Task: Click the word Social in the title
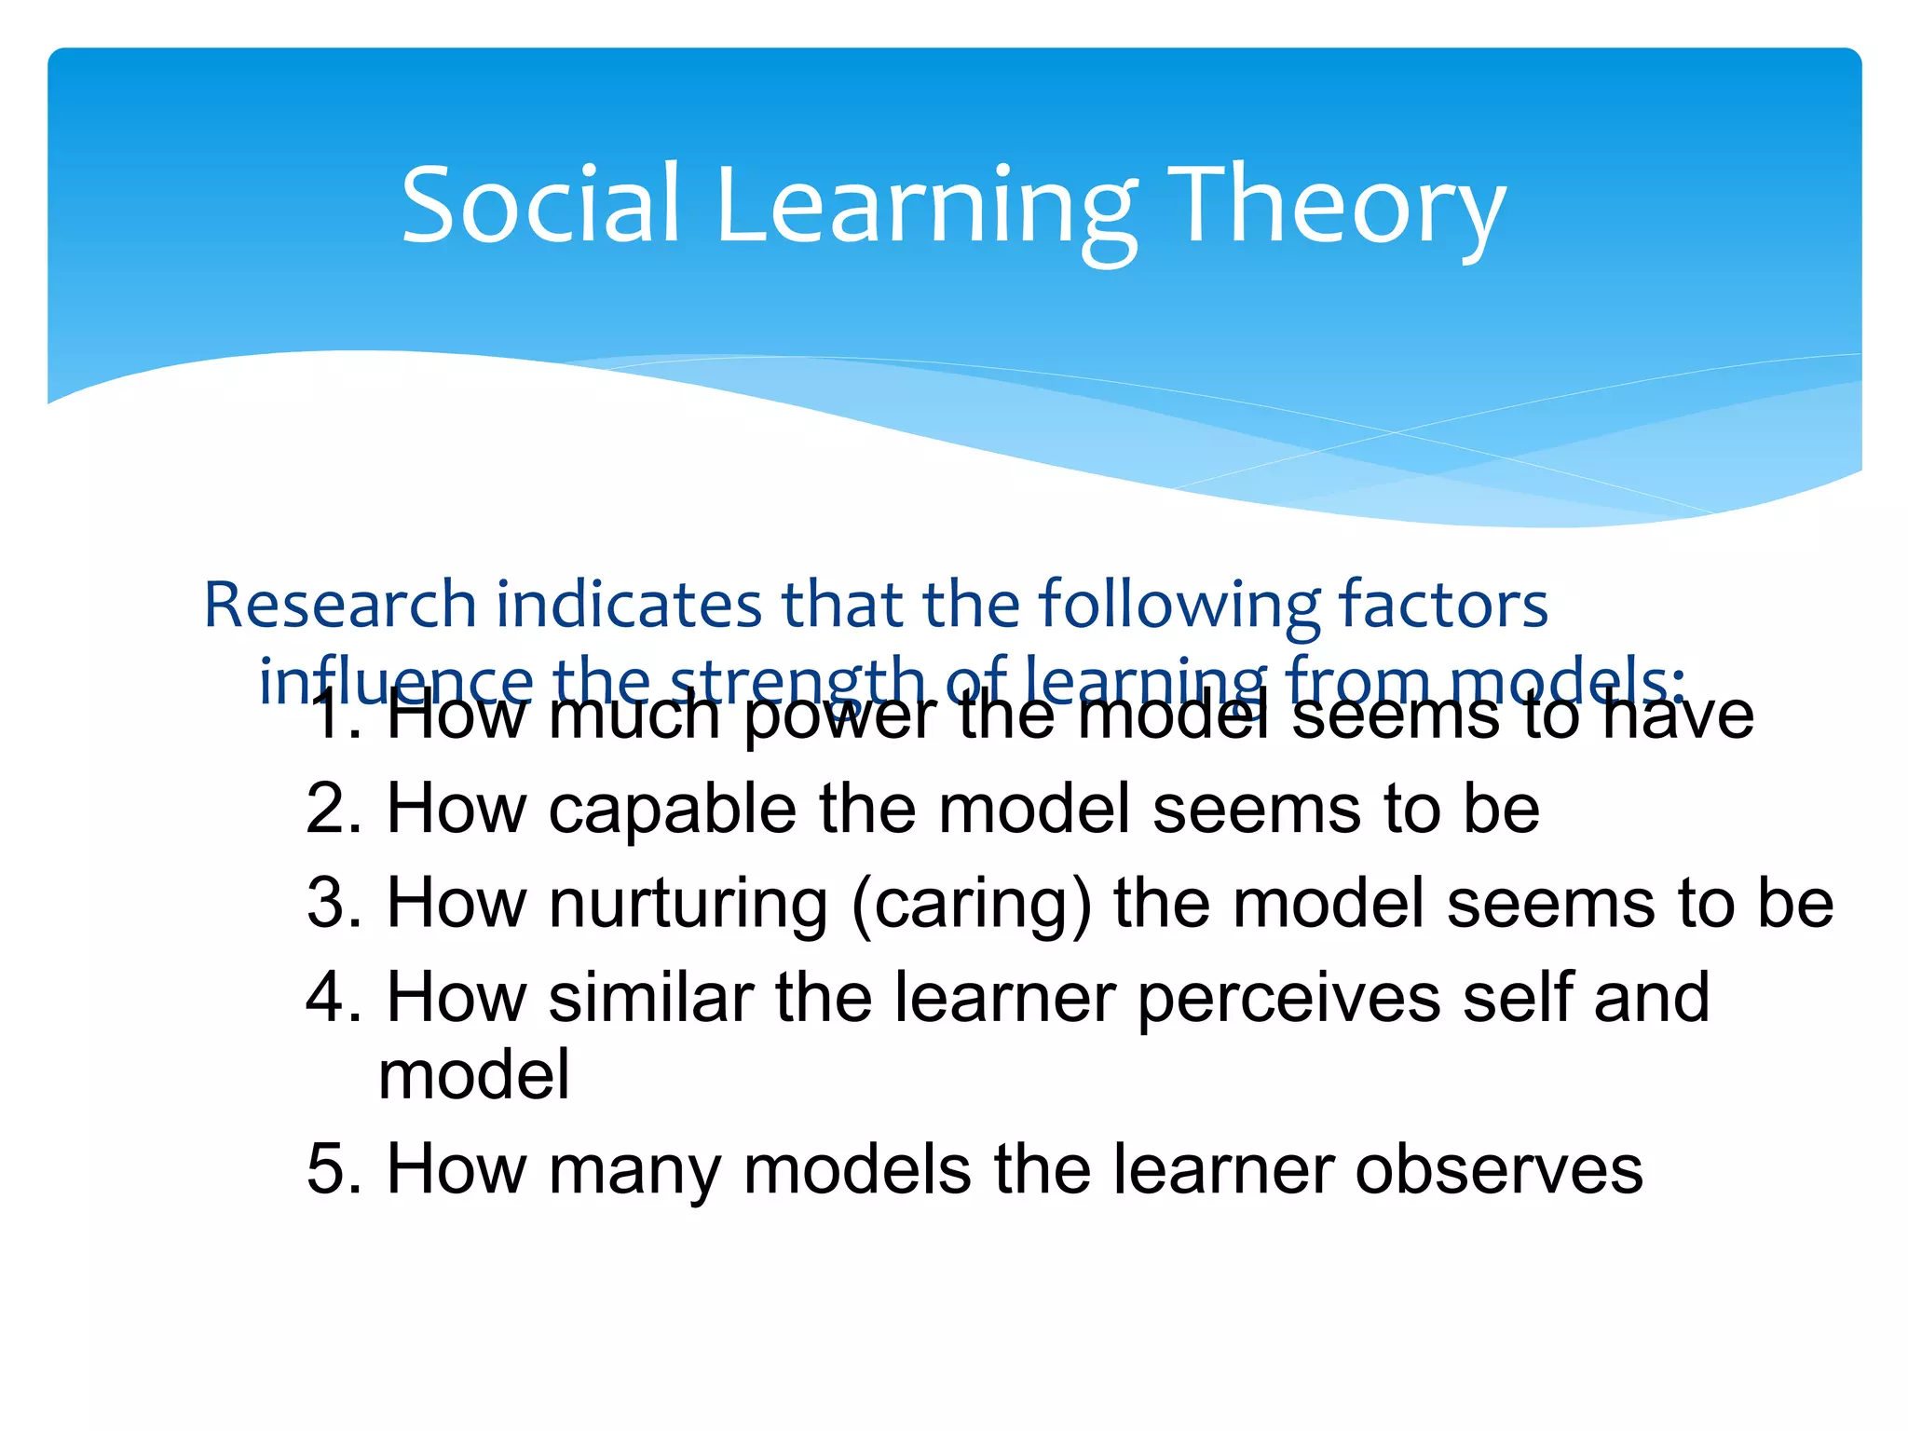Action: click(x=540, y=205)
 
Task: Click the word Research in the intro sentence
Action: click(x=340, y=605)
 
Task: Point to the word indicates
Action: click(x=630, y=605)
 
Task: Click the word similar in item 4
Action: click(x=650, y=997)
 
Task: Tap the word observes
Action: click(x=1499, y=1170)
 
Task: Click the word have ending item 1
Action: click(x=1677, y=715)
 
